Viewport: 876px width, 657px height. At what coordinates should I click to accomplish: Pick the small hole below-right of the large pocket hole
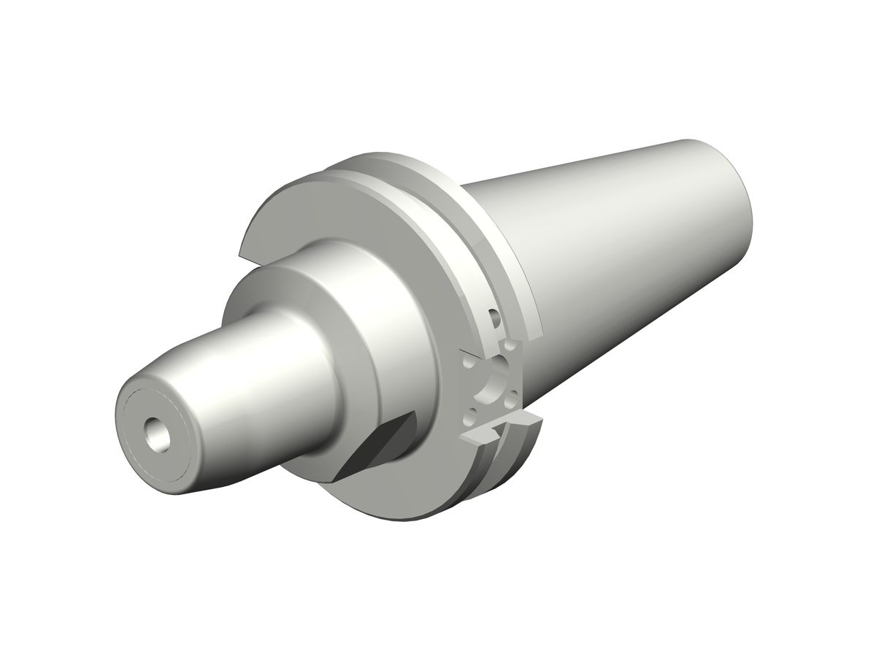click(513, 398)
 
